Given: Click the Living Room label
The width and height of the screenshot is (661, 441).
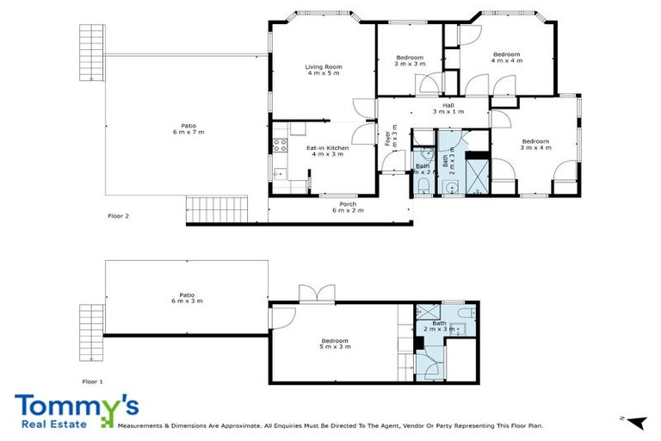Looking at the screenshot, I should [x=323, y=70].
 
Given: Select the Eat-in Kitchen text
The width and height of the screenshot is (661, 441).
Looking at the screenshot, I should [x=325, y=152].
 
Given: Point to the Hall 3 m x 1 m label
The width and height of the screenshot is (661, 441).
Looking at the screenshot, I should [x=448, y=108].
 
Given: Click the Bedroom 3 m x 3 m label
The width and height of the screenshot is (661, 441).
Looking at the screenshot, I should [x=410, y=60].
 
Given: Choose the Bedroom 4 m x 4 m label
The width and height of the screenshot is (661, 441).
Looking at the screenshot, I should [x=506, y=57].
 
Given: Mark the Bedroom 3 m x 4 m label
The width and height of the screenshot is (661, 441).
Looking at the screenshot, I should [x=535, y=144].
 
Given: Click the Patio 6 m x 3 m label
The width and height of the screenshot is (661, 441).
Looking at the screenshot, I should [x=181, y=298].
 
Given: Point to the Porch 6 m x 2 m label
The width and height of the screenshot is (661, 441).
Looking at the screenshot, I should [x=348, y=207].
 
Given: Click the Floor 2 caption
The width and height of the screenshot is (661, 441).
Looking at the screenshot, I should [x=118, y=216].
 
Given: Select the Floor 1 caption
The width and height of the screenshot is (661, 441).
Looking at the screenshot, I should [x=92, y=380].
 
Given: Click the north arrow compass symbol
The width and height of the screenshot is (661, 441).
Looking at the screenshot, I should [x=635, y=420].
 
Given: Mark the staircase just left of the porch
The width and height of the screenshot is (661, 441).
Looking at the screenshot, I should [x=215, y=208].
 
